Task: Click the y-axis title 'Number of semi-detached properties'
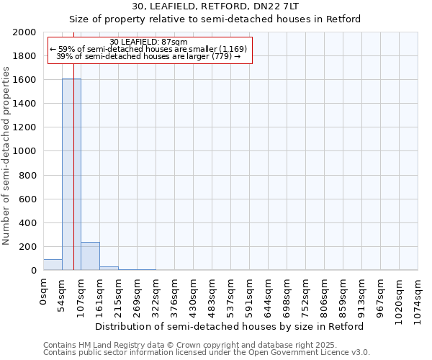(7, 156)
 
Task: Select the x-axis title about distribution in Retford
(230, 326)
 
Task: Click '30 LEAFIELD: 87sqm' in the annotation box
(149, 42)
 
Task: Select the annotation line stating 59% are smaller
(149, 49)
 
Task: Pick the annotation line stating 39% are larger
(149, 56)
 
